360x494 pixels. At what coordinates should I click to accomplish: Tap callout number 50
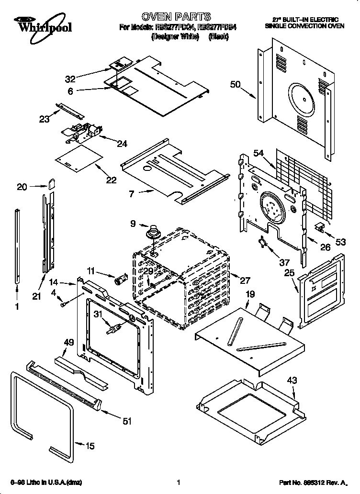tap(235, 85)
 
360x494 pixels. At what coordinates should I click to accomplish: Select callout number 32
tap(70, 79)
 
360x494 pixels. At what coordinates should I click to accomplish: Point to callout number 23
tap(45, 119)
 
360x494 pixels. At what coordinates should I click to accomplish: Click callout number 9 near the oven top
tap(134, 223)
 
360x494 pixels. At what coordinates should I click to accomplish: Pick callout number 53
tap(340, 242)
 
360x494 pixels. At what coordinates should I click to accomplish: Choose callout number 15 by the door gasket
tap(90, 446)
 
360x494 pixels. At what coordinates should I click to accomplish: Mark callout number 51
tap(127, 421)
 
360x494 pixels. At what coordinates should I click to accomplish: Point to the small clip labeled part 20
tap(52, 184)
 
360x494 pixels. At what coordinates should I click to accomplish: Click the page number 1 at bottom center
tap(178, 482)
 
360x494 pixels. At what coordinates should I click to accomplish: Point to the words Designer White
tap(175, 37)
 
